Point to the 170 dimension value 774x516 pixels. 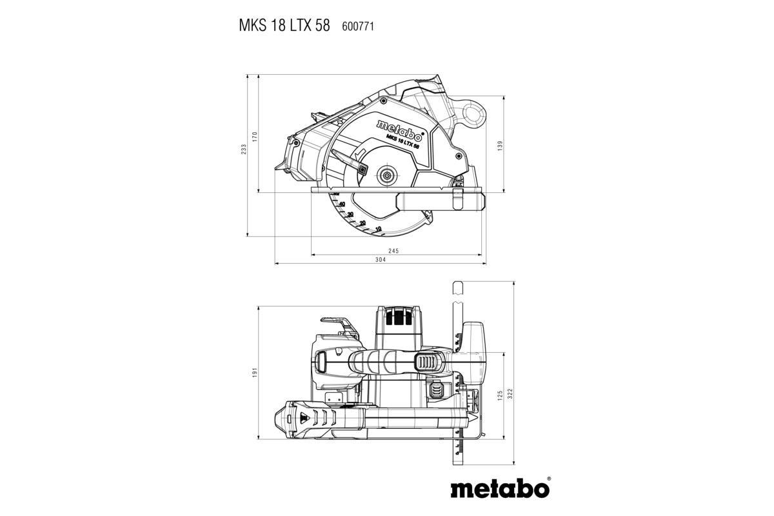coord(255,136)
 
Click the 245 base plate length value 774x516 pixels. coord(395,250)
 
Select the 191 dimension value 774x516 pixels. coord(255,372)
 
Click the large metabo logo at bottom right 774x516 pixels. coord(500,487)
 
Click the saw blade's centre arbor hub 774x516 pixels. coord(386,172)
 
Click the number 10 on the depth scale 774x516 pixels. coord(377,229)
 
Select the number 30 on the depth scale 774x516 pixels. coord(350,214)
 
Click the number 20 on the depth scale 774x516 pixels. coord(362,223)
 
